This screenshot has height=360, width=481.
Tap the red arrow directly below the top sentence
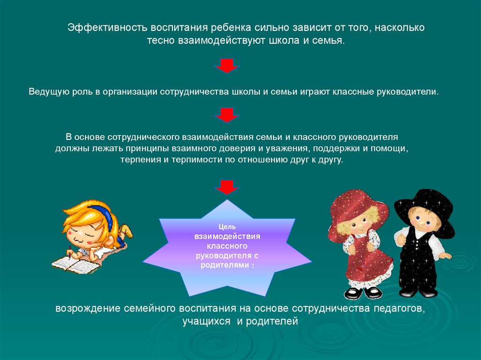click(227, 66)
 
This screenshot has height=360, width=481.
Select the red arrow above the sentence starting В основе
click(227, 115)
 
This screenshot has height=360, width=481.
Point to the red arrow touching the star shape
click(227, 187)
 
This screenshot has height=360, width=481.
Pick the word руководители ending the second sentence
click(408, 92)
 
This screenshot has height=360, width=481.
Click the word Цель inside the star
click(227, 226)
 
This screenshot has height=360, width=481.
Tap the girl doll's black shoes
click(364, 293)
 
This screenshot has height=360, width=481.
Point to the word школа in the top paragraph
click(284, 41)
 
